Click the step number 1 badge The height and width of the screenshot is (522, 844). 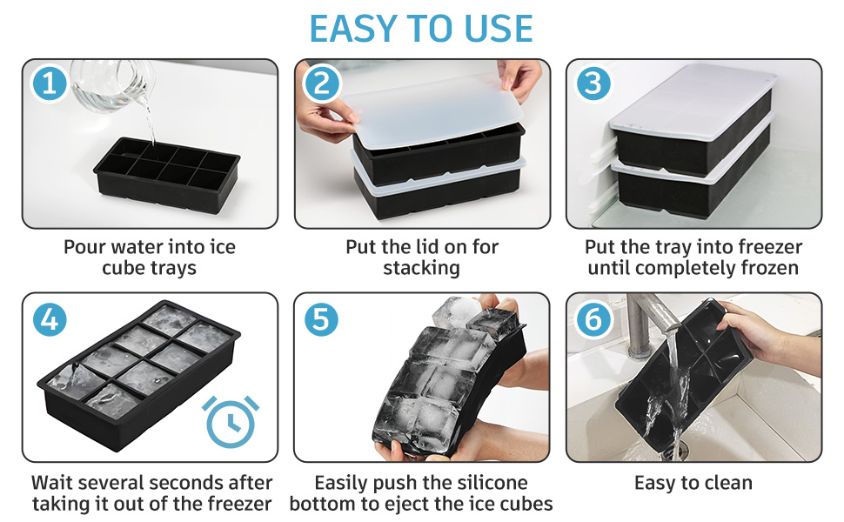pos(49,84)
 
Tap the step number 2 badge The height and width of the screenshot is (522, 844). pos(321,84)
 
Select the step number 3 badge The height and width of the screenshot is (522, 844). pos(593,84)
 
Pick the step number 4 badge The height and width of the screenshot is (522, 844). pos(50,319)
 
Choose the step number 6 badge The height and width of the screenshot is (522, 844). pos(593,319)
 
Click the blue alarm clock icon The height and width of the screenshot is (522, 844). pos(231,421)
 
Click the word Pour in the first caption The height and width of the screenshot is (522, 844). pos(83,247)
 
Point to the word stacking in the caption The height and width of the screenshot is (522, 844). pos(421,268)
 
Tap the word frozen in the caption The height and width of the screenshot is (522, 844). pos(770,267)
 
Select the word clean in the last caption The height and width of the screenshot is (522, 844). pos(725,483)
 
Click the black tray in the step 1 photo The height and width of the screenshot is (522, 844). pos(167,173)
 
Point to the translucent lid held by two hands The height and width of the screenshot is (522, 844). pos(432,111)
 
